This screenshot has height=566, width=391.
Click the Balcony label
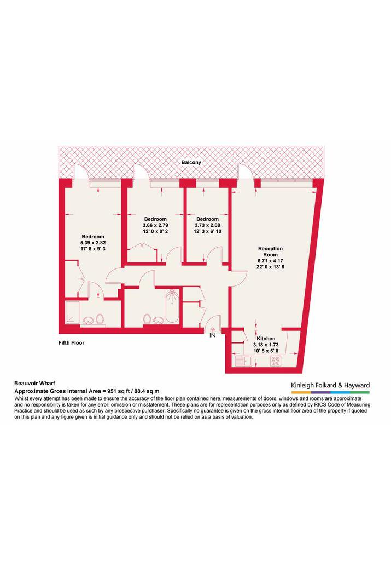click(x=191, y=162)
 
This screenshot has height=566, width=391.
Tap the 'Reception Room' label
click(x=270, y=251)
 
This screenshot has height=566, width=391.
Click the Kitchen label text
click(x=266, y=339)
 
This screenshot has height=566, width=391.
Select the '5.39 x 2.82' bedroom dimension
click(x=93, y=243)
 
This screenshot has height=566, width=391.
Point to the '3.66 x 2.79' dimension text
click(x=155, y=225)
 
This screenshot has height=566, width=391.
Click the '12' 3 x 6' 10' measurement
click(x=207, y=231)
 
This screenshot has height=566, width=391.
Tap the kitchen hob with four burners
click(x=276, y=361)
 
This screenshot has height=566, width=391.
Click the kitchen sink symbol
click(x=243, y=361)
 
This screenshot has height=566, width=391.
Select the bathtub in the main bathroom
click(x=172, y=307)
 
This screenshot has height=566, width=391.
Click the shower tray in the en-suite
click(x=72, y=313)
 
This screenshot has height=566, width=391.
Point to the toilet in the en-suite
click(x=100, y=319)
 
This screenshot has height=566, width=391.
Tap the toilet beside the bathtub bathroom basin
click(x=147, y=319)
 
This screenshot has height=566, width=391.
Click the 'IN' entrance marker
click(x=213, y=335)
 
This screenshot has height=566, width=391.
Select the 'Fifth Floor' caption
click(x=71, y=343)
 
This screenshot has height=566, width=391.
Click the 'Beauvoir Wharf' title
click(x=34, y=384)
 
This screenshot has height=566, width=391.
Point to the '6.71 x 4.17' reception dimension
click(x=270, y=261)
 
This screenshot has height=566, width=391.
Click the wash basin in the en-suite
click(x=88, y=320)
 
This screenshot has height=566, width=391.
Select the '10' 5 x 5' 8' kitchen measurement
click(x=266, y=351)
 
